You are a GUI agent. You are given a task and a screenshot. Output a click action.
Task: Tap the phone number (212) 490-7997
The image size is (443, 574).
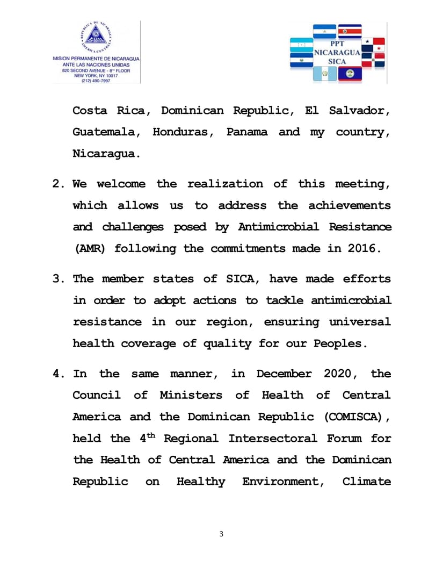click(x=96, y=81)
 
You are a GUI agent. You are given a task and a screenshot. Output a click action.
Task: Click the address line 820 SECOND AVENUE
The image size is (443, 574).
click(x=96, y=70)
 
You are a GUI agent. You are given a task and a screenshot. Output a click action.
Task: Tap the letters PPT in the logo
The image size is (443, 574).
click(x=337, y=45)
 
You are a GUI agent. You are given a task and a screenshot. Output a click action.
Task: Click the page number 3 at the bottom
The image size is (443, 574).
click(x=221, y=534)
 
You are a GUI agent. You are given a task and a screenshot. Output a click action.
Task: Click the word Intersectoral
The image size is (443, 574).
click(x=272, y=439)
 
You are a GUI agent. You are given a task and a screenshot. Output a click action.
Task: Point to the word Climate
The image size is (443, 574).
click(x=367, y=482)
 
